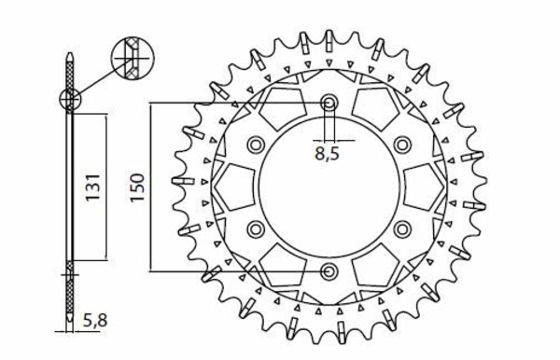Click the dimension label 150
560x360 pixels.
(x=137, y=187)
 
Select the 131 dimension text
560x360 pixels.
(x=92, y=187)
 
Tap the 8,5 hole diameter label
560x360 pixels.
(x=327, y=154)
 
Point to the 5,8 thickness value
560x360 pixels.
(x=95, y=321)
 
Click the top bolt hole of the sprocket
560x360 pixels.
(x=329, y=104)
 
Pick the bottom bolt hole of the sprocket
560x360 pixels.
(x=329, y=271)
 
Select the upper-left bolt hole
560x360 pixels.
(x=256, y=145)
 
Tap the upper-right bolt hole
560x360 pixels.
(x=401, y=145)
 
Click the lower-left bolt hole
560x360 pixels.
(x=256, y=229)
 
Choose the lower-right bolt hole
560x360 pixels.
(x=401, y=229)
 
